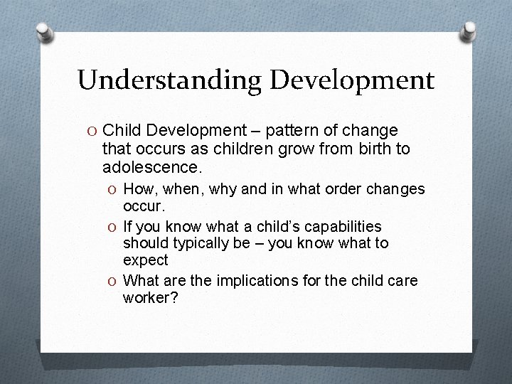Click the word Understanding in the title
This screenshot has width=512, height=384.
[169, 80]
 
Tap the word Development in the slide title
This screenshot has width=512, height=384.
[351, 80]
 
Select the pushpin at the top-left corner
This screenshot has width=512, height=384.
[43, 32]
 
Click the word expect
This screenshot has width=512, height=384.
[146, 261]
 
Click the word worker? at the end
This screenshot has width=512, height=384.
[150, 298]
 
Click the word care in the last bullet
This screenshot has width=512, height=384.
[402, 281]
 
